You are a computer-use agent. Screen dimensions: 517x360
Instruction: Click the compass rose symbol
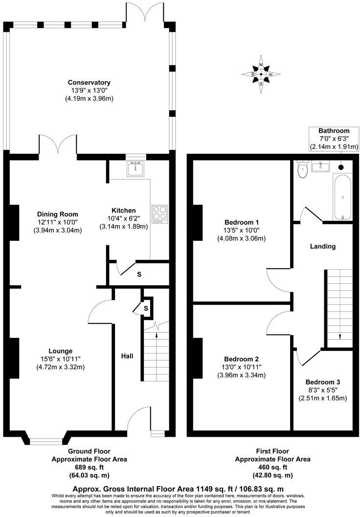coord(261,74)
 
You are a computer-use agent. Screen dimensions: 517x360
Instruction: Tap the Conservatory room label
coord(89,83)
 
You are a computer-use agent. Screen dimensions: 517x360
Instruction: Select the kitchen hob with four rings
coord(159,214)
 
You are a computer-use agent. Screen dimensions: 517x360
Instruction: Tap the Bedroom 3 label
coord(322,382)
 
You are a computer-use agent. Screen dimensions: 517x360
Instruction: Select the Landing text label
coord(323,246)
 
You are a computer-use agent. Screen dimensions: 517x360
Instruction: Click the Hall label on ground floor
coord(127,356)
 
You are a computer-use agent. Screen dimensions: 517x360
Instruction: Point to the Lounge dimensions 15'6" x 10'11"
coord(61,359)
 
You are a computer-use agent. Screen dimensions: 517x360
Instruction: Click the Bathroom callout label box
coord(334,139)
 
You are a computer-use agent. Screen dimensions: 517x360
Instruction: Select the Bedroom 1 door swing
coord(274,277)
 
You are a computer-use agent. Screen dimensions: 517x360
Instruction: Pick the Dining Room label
coord(58,214)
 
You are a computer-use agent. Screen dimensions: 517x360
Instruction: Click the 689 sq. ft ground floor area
coord(89,468)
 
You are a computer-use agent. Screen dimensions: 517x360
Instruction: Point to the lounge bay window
coord(45,437)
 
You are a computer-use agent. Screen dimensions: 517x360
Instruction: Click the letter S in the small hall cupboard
coord(146,308)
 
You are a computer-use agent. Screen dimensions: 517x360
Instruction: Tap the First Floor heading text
coord(272,451)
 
